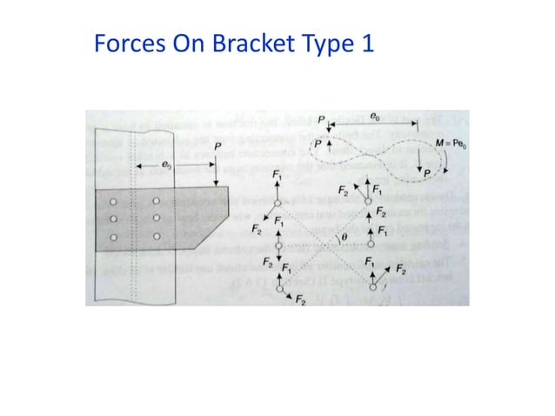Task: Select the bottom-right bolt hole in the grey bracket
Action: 156,236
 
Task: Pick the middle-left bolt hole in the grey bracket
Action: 114,218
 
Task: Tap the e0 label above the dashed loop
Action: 374,115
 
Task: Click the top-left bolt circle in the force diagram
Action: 277,203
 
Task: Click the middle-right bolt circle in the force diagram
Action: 370,245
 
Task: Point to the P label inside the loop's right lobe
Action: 425,174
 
